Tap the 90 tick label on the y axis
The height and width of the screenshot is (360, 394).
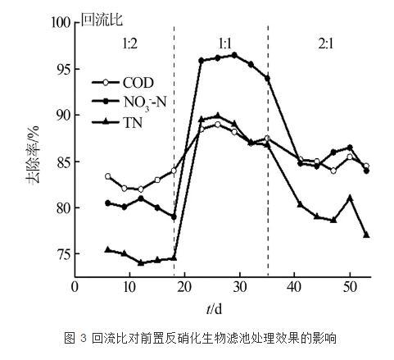pyautogui.click(x=62, y=116)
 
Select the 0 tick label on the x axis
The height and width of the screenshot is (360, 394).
pyautogui.click(x=75, y=286)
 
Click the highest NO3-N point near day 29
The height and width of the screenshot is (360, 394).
pyautogui.click(x=234, y=55)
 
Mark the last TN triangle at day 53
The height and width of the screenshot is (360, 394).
pyautogui.click(x=366, y=235)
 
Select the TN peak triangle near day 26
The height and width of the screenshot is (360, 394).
pyautogui.click(x=217, y=116)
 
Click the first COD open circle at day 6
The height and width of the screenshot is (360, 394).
pyautogui.click(x=108, y=176)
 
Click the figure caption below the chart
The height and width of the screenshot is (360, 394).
pyautogui.click(x=201, y=339)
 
